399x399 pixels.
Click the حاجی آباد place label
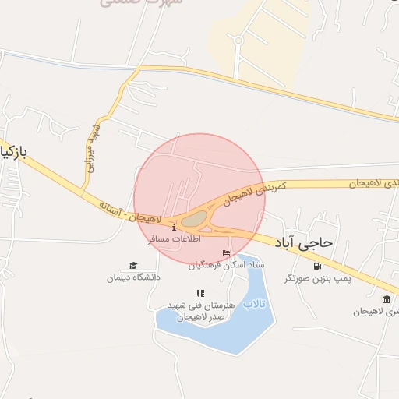(304, 242)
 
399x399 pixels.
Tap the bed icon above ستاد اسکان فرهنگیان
(226, 253)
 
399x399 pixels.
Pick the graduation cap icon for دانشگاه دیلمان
(133, 265)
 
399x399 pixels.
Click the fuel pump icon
(316, 265)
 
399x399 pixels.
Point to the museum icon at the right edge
(387, 299)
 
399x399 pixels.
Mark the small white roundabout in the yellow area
(238, 38)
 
